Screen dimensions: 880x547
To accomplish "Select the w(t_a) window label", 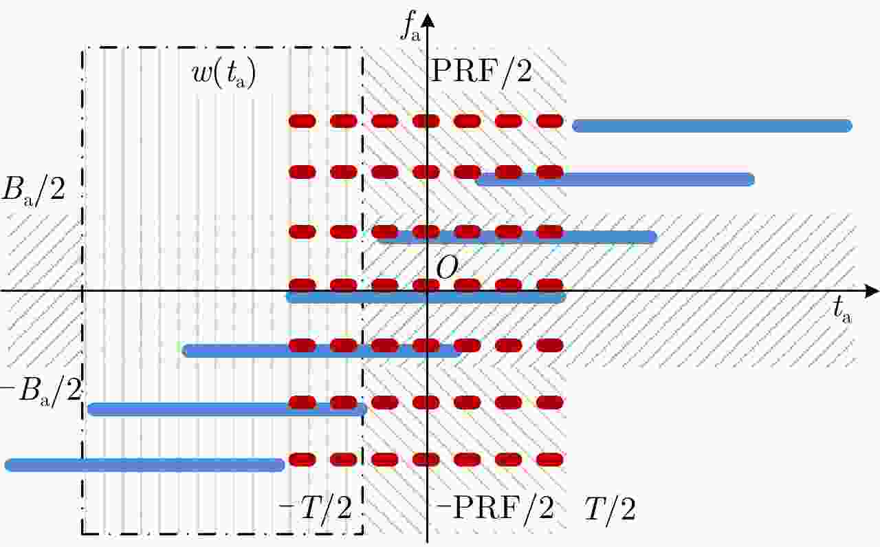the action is click(x=224, y=73).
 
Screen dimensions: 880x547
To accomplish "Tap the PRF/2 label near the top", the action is click(x=482, y=71).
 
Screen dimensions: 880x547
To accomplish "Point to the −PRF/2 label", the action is click(x=495, y=508).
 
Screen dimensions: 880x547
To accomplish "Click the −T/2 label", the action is click(x=315, y=508).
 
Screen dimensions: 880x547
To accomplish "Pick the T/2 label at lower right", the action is click(x=610, y=508).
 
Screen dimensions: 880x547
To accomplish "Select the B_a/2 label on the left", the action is click(x=34, y=190).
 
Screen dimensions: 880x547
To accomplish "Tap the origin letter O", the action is click(x=448, y=268).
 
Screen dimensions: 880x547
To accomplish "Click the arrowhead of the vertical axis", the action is click(x=428, y=20).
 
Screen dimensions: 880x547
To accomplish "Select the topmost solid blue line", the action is click(x=712, y=126).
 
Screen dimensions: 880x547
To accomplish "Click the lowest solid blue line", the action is click(x=144, y=465).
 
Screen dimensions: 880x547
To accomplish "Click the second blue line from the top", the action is click(x=615, y=180).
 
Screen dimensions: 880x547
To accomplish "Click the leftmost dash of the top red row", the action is click(x=302, y=121).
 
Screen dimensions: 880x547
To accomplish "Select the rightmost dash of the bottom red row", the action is click(x=549, y=460).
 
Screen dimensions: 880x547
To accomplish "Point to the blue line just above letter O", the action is click(x=516, y=237).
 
